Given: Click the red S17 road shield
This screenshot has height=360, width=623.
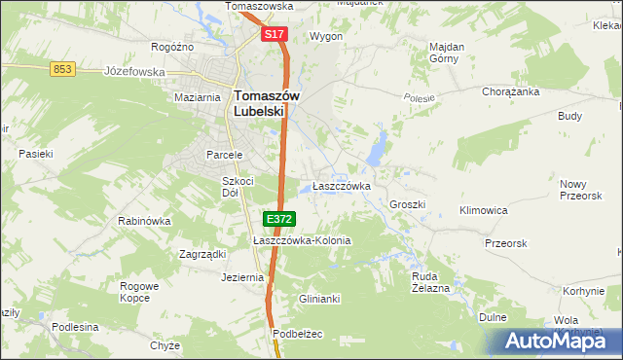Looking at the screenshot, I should [x=274, y=34].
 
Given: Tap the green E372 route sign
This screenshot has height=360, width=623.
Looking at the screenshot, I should [x=278, y=220].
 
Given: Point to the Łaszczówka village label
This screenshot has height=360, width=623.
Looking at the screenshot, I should [x=341, y=186].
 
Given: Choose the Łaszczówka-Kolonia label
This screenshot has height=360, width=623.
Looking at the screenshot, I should [x=301, y=240].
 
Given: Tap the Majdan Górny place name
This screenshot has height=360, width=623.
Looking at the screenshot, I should [x=447, y=52].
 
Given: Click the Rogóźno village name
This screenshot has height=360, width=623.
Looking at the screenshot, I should [x=173, y=46].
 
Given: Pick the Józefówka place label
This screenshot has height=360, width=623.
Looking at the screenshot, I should [x=130, y=71].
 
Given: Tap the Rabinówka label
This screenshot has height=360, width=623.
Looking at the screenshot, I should [x=144, y=221].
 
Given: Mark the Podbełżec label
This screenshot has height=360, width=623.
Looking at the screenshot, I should [x=297, y=334].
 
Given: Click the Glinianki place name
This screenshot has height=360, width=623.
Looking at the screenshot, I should [x=319, y=299].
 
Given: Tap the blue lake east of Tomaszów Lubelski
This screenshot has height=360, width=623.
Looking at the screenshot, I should [x=375, y=151].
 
